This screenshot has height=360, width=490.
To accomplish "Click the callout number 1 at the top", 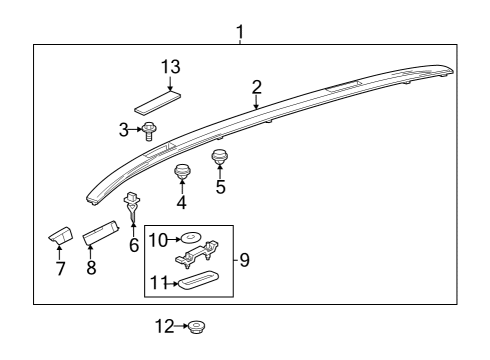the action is [240, 32].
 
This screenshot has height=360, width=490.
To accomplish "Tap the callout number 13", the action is [171, 67].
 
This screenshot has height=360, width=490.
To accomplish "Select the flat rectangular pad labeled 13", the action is [158, 102].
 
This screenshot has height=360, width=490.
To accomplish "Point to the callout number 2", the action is [257, 87].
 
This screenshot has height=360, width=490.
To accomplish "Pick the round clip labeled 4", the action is [182, 171].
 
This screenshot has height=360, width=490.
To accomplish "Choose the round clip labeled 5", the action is [220, 157].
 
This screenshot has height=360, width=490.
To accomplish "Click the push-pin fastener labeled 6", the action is [132, 206].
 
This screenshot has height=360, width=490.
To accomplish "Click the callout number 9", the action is [244, 260].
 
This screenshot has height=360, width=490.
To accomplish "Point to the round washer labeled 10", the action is [190, 237].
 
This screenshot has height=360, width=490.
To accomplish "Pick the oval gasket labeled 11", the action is [198, 279].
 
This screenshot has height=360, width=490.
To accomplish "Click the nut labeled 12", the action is [196, 327].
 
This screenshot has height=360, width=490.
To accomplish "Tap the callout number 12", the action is [165, 326].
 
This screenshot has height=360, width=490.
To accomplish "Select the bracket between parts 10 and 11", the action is [197, 254].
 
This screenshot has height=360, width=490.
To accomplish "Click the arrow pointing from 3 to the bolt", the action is [135, 129].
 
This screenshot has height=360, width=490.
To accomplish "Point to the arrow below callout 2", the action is [256, 102].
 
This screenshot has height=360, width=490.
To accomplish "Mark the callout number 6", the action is [134, 245].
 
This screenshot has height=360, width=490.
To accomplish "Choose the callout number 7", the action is [60, 269].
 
